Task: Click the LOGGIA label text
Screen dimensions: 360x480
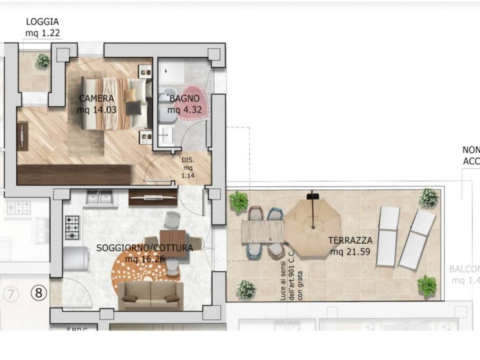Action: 42,22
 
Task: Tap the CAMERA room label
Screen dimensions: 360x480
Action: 96,98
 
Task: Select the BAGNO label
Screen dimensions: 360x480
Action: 184,98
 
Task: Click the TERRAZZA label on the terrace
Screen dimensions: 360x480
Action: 350,240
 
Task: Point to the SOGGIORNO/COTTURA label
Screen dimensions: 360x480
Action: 144,247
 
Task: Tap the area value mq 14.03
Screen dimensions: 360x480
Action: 97,110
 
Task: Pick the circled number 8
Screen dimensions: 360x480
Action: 39,293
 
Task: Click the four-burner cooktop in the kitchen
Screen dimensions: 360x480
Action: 73,227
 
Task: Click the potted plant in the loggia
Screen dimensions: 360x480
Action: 42,61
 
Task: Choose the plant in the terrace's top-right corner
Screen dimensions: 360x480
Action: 428,198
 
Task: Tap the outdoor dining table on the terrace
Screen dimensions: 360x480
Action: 263,232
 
